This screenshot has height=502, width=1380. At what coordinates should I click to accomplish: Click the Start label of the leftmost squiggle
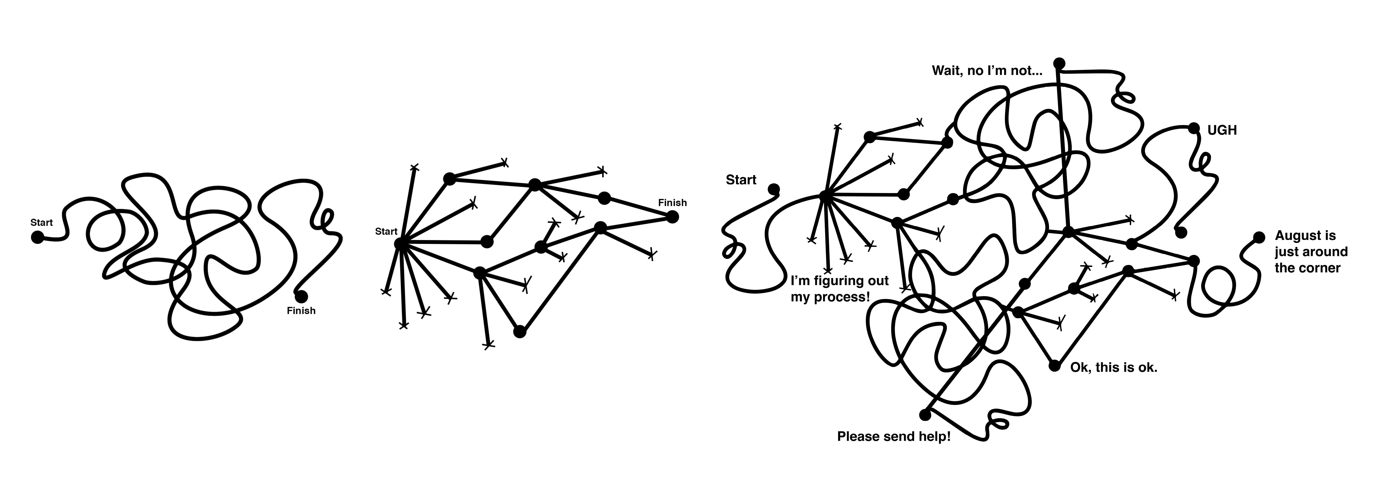(x=41, y=222)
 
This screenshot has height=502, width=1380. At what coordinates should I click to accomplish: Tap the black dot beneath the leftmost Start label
(x=37, y=237)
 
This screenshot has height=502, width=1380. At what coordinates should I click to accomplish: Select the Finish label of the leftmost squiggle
(x=301, y=311)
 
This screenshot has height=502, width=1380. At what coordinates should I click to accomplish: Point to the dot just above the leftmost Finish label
(x=301, y=296)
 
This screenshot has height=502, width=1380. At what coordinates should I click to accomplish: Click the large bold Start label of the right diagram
(x=741, y=180)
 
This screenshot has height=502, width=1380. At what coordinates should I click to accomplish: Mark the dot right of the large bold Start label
(x=774, y=189)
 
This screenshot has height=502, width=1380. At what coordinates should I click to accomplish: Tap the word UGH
(x=1222, y=130)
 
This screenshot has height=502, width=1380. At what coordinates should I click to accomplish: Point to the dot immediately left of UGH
(x=1193, y=128)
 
